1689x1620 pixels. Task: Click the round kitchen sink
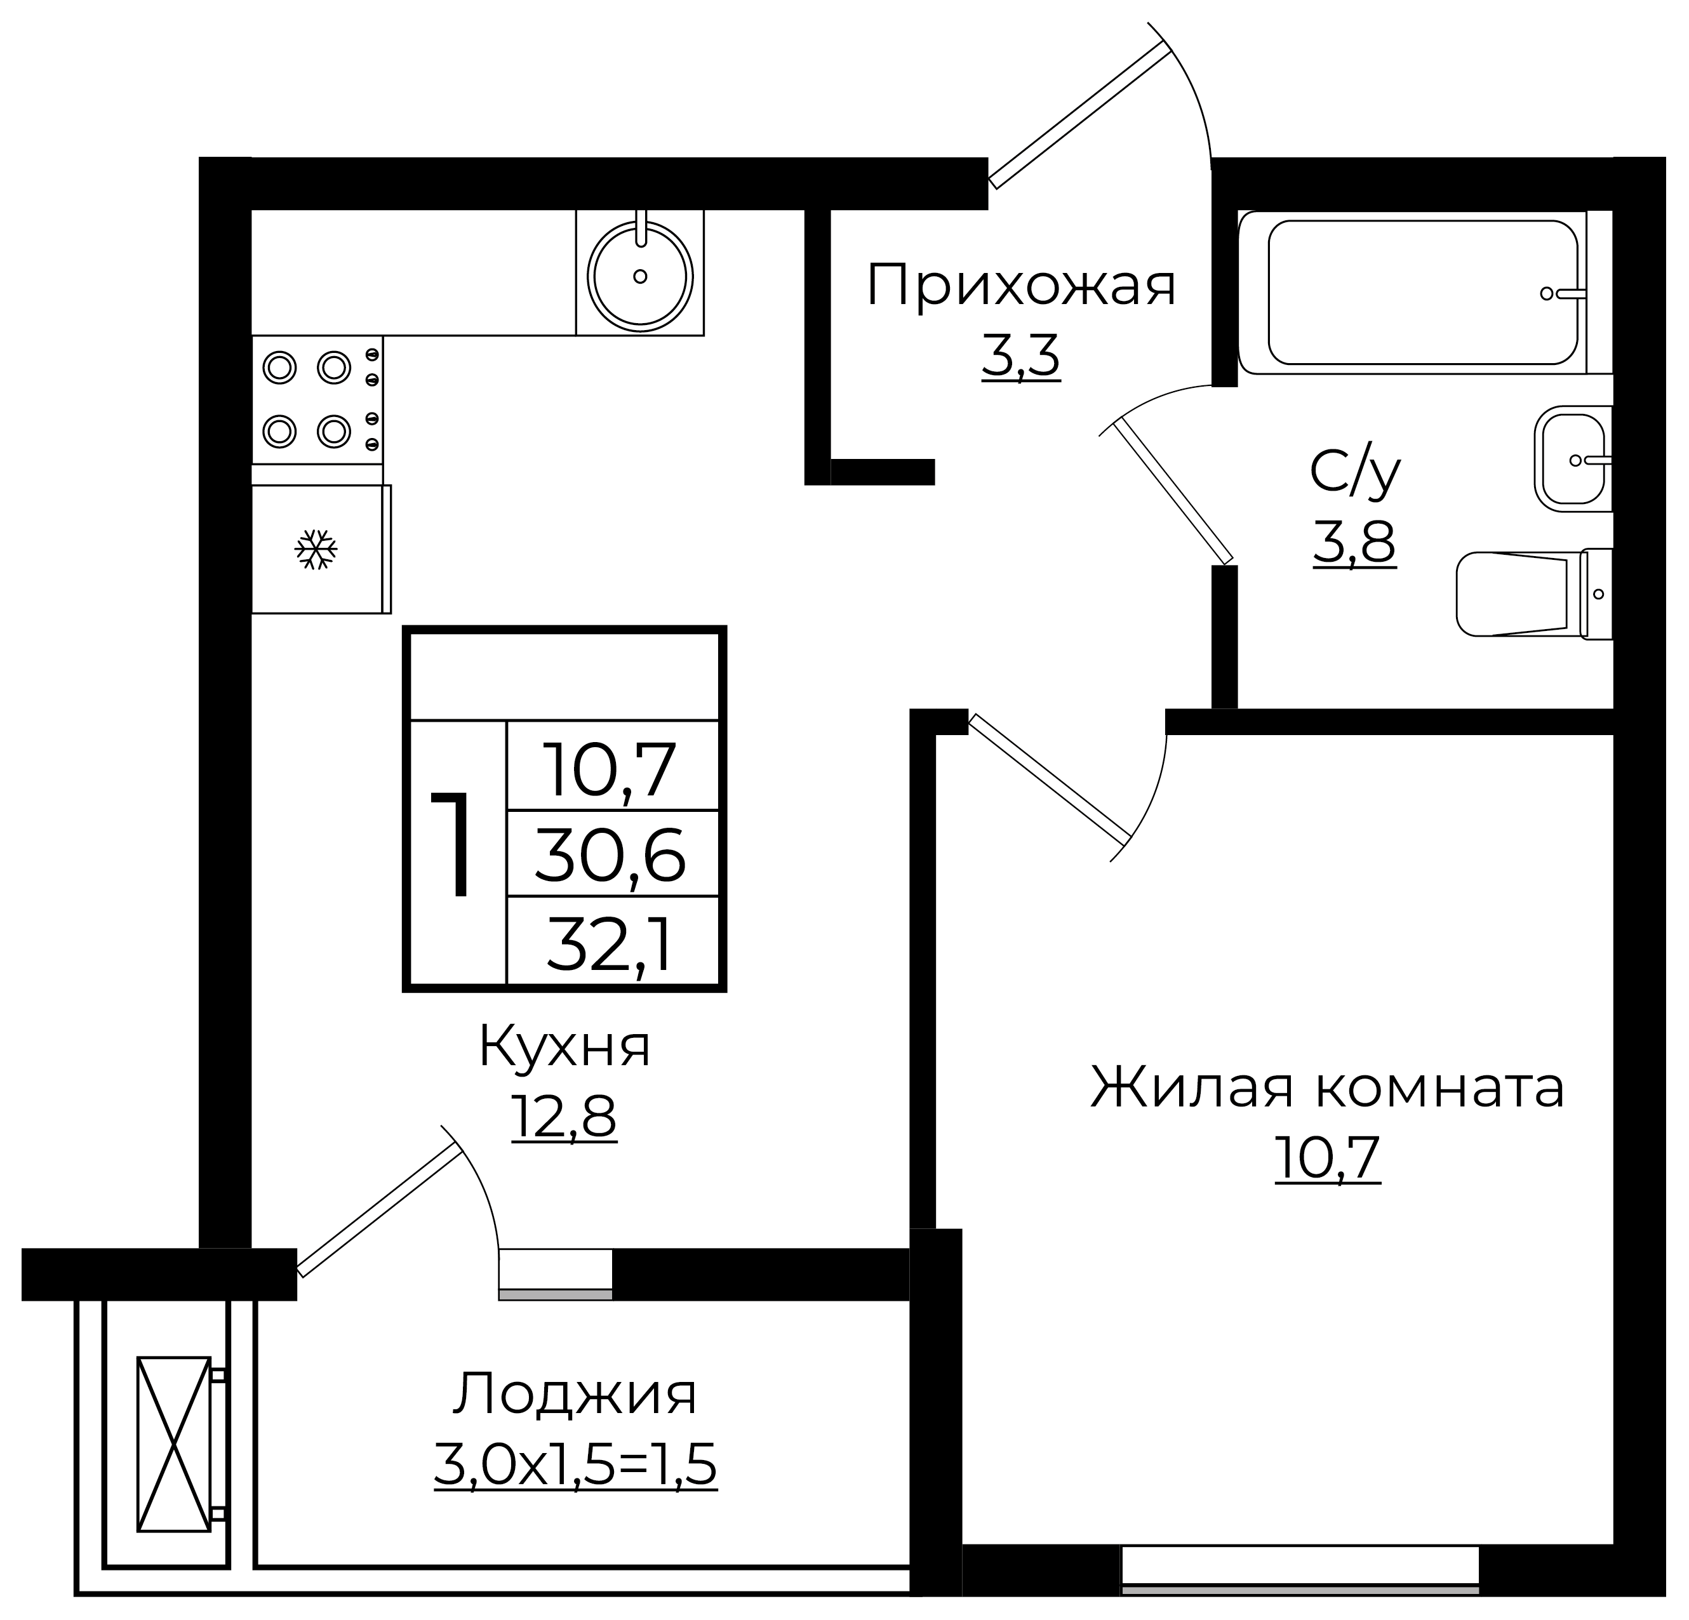pyautogui.click(x=639, y=276)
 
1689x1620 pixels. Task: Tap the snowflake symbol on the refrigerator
pyautogui.click(x=316, y=549)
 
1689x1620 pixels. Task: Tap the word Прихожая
pyautogui.click(x=1020, y=286)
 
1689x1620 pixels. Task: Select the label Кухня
pyautogui.click(x=564, y=1047)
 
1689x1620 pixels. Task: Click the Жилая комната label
pyautogui.click(x=1327, y=1087)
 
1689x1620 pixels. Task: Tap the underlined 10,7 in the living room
pyautogui.click(x=1327, y=1157)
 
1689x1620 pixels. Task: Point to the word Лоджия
pyautogui.click(x=575, y=1394)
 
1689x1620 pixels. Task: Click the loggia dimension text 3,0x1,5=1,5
pyautogui.click(x=575, y=1465)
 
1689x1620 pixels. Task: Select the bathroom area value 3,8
pyautogui.click(x=1354, y=542)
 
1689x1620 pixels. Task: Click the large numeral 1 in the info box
pyautogui.click(x=454, y=844)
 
